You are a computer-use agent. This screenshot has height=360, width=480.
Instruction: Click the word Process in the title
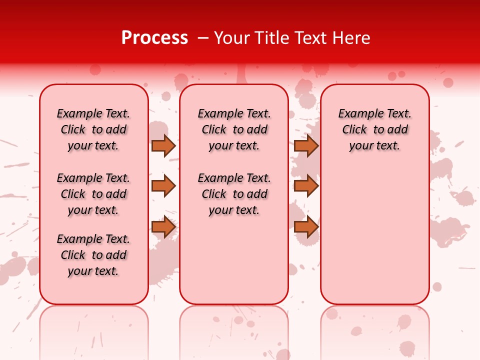pyautogui.click(x=154, y=38)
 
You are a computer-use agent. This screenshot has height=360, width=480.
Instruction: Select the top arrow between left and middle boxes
pyautogui.click(x=163, y=145)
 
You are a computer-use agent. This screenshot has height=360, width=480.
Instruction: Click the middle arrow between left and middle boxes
pyautogui.click(x=163, y=186)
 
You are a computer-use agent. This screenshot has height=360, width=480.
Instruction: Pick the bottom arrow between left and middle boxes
pyautogui.click(x=163, y=227)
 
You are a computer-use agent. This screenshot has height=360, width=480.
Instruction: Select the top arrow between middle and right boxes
pyautogui.click(x=306, y=145)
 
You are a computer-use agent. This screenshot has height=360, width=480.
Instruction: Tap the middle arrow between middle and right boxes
pyautogui.click(x=306, y=186)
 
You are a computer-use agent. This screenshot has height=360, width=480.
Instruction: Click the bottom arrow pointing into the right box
pyautogui.click(x=306, y=227)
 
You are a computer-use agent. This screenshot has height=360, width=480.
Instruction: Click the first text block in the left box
pyautogui.click(x=93, y=129)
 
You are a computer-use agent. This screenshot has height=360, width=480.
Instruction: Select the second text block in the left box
pyautogui.click(x=93, y=194)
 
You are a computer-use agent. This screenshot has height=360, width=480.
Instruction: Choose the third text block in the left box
pyautogui.click(x=93, y=255)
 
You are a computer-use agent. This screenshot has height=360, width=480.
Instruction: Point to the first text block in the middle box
pyautogui.click(x=234, y=129)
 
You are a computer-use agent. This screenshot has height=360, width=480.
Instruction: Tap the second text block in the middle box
pyautogui.click(x=234, y=194)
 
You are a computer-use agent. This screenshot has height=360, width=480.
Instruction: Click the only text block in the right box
pyautogui.click(x=374, y=129)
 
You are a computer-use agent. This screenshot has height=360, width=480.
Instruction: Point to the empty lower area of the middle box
pyautogui.click(x=234, y=260)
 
